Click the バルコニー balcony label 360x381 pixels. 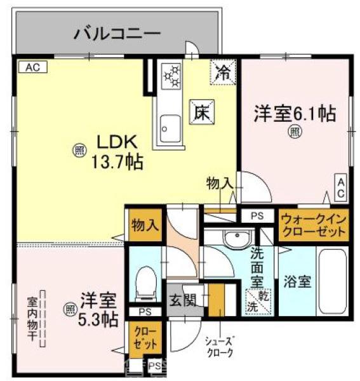pos(117,32)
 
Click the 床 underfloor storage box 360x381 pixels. pos(202,112)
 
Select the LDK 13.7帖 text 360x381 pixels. pos(118,151)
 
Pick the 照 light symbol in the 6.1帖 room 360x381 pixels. pos(296,131)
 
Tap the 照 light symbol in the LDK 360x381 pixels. pos(79,150)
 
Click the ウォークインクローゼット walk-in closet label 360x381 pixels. pos(314,225)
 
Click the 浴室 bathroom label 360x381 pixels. pos(297,281)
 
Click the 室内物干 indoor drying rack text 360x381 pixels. pos(32,317)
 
